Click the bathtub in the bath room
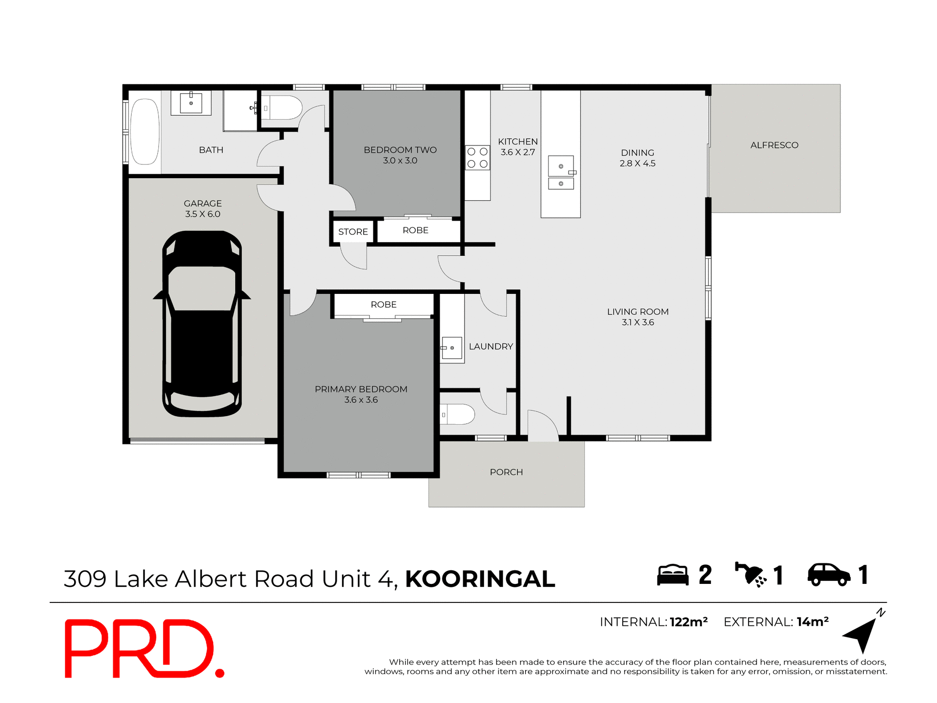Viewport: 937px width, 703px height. (x=145, y=132)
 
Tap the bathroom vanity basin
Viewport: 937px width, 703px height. (x=191, y=103)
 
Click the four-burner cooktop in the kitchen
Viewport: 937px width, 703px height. (x=477, y=158)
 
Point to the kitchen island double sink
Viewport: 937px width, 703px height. (x=561, y=173)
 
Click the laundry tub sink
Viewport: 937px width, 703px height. (x=452, y=348)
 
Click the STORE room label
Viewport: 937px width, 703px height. (x=353, y=232)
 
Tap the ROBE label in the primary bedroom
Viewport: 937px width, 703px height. (x=384, y=305)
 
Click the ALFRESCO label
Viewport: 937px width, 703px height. (x=774, y=145)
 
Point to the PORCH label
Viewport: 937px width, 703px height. (x=506, y=472)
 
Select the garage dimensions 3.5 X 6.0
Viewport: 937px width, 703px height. (x=203, y=214)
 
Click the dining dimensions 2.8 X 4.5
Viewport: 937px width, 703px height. (x=637, y=164)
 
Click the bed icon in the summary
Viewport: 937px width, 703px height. (x=672, y=575)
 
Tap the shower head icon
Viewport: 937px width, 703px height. (x=751, y=574)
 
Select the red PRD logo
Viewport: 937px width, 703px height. (x=144, y=648)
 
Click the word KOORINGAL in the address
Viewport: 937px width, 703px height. (x=480, y=579)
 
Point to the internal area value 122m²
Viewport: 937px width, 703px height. (x=688, y=622)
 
